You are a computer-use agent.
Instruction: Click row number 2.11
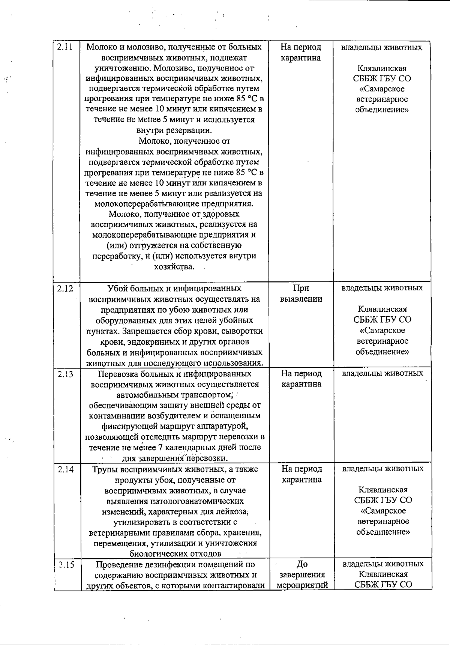[x=64, y=48]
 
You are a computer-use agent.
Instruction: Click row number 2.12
[x=64, y=289]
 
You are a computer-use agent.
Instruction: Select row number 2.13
[x=64, y=374]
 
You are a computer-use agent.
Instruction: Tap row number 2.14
[x=64, y=469]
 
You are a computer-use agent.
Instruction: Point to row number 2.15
[x=64, y=564]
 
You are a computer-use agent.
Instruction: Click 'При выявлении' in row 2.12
[x=301, y=293]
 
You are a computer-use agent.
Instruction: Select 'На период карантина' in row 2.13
[x=301, y=379]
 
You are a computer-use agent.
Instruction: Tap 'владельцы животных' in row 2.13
[x=382, y=373]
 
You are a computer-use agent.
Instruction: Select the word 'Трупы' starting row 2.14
[x=104, y=469]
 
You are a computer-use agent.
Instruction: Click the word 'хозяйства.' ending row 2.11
[x=174, y=267]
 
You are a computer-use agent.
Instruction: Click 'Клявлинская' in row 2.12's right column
[x=382, y=310]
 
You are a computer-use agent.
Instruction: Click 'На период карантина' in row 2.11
[x=301, y=53]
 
